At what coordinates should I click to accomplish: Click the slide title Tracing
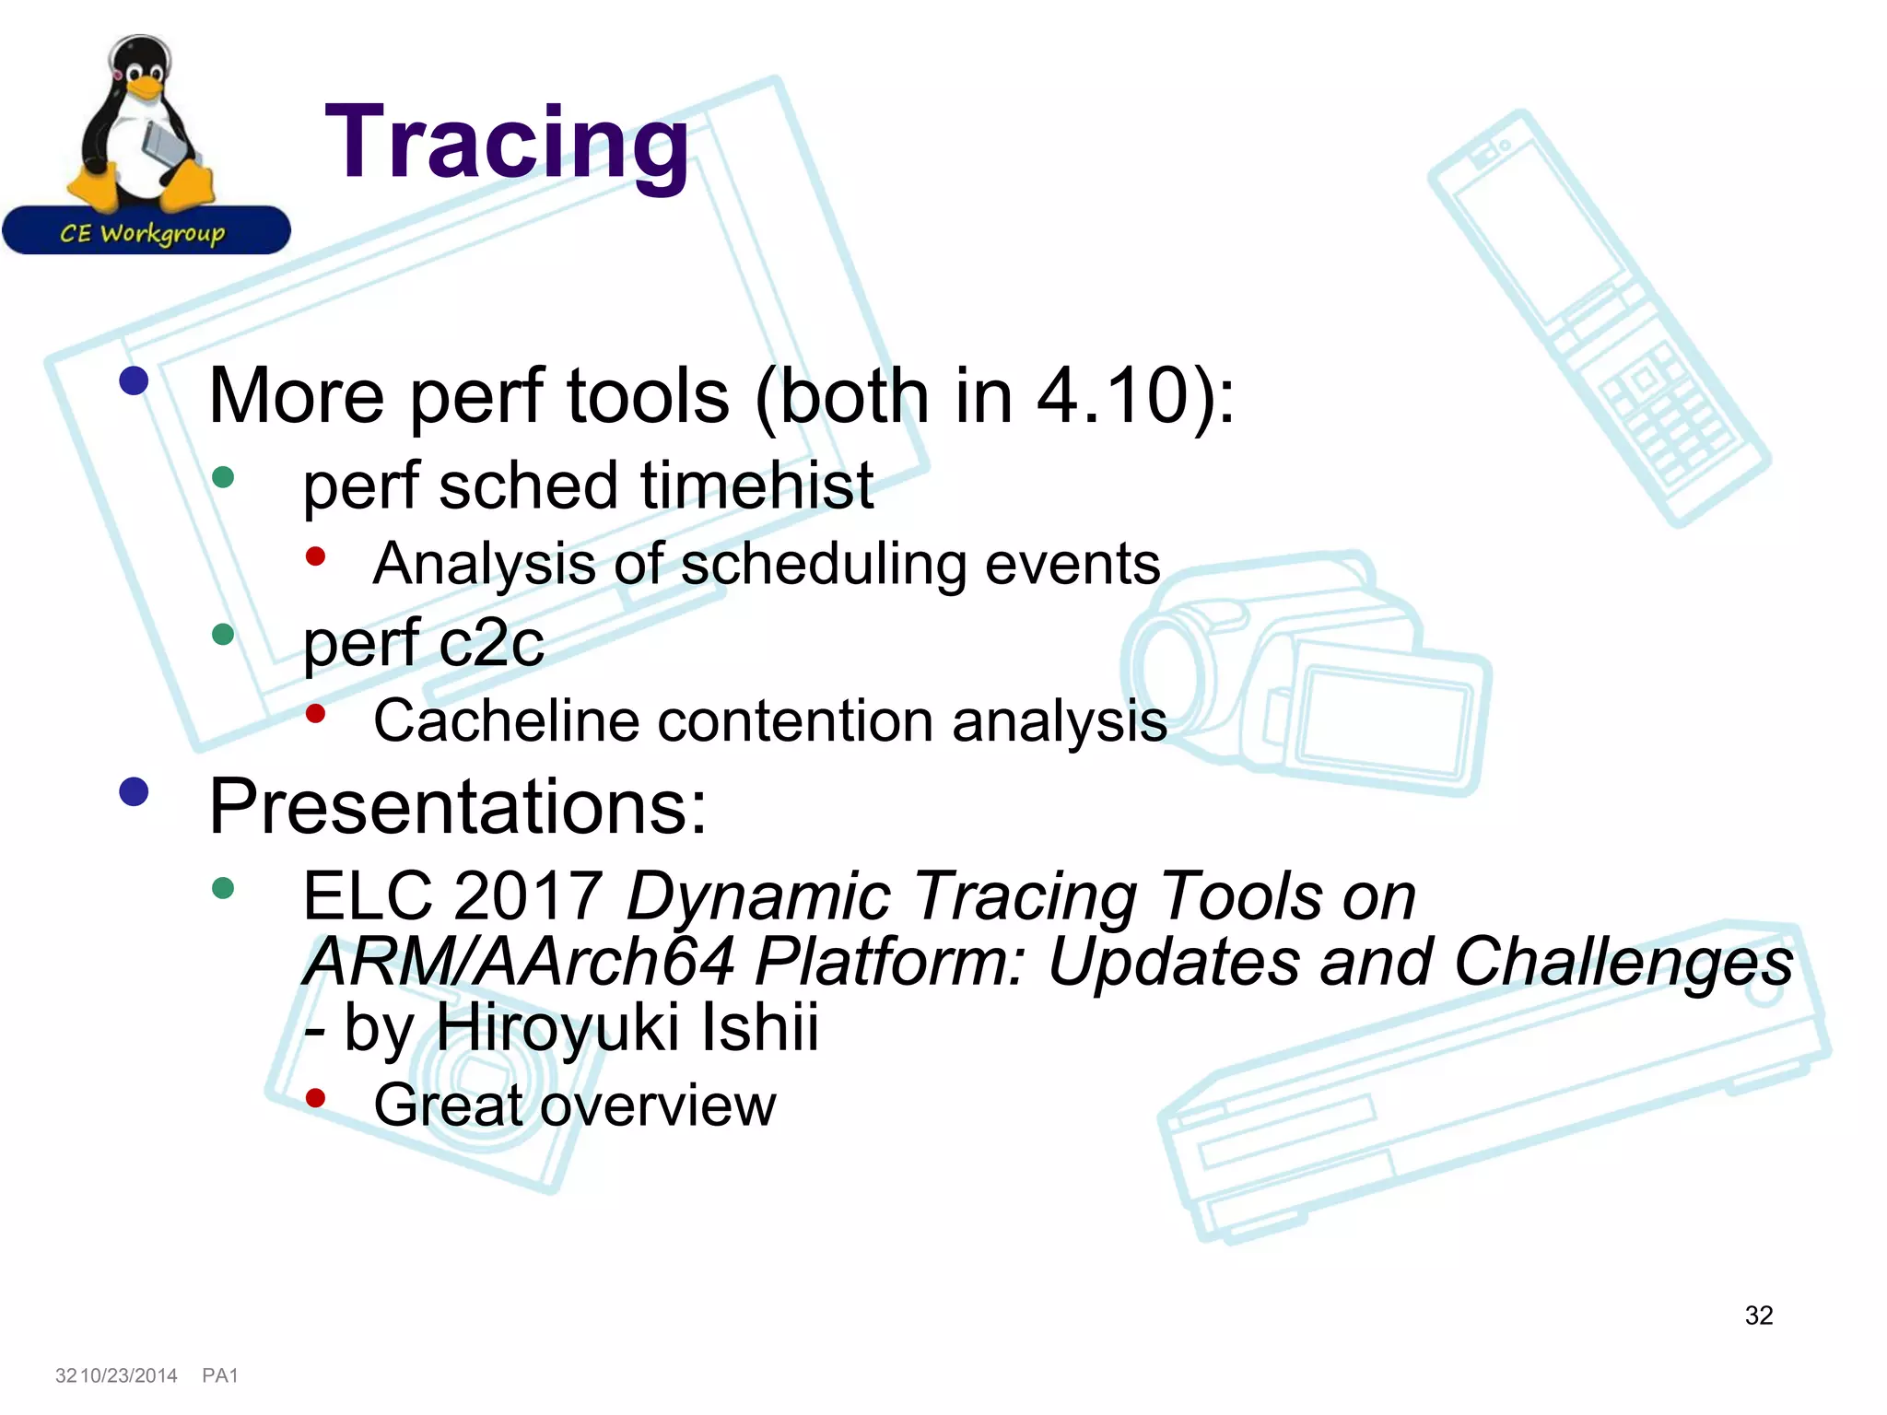point(507,143)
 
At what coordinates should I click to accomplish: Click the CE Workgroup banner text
point(143,232)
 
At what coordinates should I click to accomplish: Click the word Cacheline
point(506,720)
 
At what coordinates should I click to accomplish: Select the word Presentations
point(457,806)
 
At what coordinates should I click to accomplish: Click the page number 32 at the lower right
point(1758,1316)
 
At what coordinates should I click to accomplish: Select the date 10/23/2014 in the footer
point(129,1375)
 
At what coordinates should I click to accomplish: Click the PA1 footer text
point(219,1375)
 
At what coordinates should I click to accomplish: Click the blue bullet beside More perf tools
point(135,380)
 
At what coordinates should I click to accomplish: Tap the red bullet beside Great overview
point(316,1097)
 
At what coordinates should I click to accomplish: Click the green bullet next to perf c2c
point(223,634)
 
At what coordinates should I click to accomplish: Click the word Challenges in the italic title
point(1623,962)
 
